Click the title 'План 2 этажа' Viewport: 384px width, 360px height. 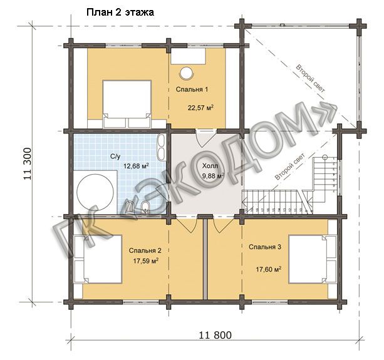120,13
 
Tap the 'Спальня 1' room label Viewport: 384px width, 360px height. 192,90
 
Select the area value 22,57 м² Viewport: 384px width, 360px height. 200,108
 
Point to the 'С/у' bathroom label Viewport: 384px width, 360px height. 115,157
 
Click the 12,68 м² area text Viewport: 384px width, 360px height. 136,166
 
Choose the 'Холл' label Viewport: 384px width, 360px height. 210,166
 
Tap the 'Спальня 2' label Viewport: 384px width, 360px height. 145,250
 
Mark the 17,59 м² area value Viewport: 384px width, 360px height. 145,261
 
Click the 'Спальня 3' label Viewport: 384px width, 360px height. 265,247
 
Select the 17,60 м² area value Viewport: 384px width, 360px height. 268,269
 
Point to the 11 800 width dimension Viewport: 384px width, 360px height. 215,335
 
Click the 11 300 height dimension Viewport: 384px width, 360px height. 28,163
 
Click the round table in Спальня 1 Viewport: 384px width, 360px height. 187,73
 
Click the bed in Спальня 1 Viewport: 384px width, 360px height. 127,104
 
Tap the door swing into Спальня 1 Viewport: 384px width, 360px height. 206,138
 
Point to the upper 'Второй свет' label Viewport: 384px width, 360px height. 311,78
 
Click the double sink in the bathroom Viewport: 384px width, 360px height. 161,147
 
